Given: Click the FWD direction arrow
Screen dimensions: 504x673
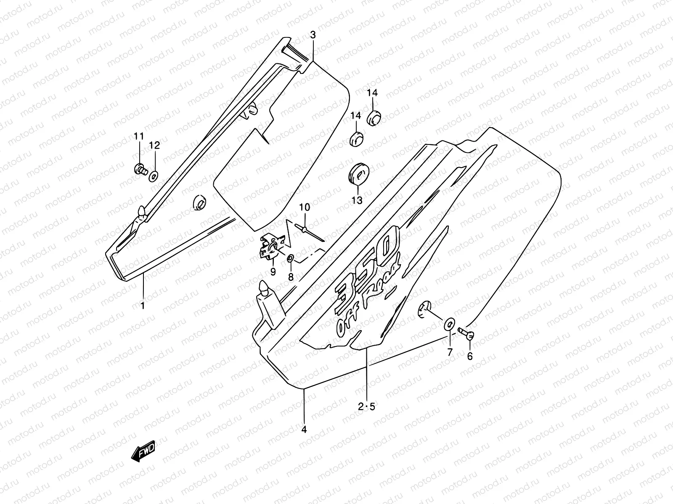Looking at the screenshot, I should (143, 451).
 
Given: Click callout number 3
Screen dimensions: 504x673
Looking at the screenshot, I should (313, 35).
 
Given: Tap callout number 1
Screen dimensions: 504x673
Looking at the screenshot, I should (143, 306).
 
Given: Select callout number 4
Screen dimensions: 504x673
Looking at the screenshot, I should (304, 430).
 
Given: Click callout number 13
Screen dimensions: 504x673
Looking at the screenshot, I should (357, 201).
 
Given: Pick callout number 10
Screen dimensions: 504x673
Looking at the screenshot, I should (305, 207).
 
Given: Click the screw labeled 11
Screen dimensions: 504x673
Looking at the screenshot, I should (140, 170).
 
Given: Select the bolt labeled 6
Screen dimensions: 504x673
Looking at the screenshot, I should (469, 335).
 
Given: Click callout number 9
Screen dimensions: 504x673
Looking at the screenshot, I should (273, 272).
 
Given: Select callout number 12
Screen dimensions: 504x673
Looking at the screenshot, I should (154, 146).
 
